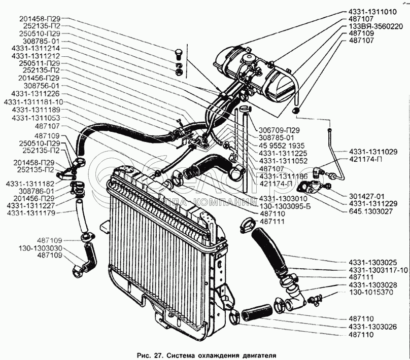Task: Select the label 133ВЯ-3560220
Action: (x=375, y=26)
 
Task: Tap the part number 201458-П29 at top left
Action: (x=40, y=19)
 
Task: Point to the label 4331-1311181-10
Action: (x=33, y=102)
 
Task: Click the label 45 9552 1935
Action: (x=282, y=146)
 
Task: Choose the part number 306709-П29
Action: (x=279, y=130)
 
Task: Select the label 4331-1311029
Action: (x=373, y=152)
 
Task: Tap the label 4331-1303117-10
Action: (x=378, y=270)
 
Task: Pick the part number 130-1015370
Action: (x=371, y=292)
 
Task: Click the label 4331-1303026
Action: (x=372, y=327)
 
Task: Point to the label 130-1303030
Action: (x=40, y=248)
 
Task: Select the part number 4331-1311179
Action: (x=31, y=213)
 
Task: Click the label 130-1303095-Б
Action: (x=285, y=207)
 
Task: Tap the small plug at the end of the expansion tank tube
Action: (x=295, y=110)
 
